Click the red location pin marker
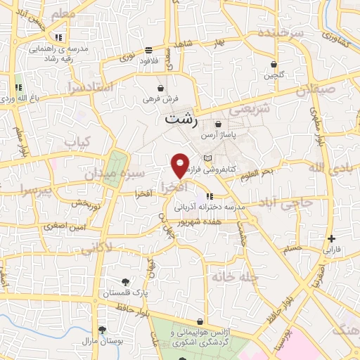[180, 165]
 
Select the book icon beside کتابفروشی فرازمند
[207, 158]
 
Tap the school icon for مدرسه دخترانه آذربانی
[210, 196]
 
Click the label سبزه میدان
[123, 173]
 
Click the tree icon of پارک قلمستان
[106, 282]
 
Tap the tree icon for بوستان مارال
[102, 330]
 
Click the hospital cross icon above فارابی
[331, 239]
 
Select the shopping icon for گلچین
[273, 65]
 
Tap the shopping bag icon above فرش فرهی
[162, 89]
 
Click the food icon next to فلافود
[148, 50]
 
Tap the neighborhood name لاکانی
[96, 247]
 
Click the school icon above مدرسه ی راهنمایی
[59, 37]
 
